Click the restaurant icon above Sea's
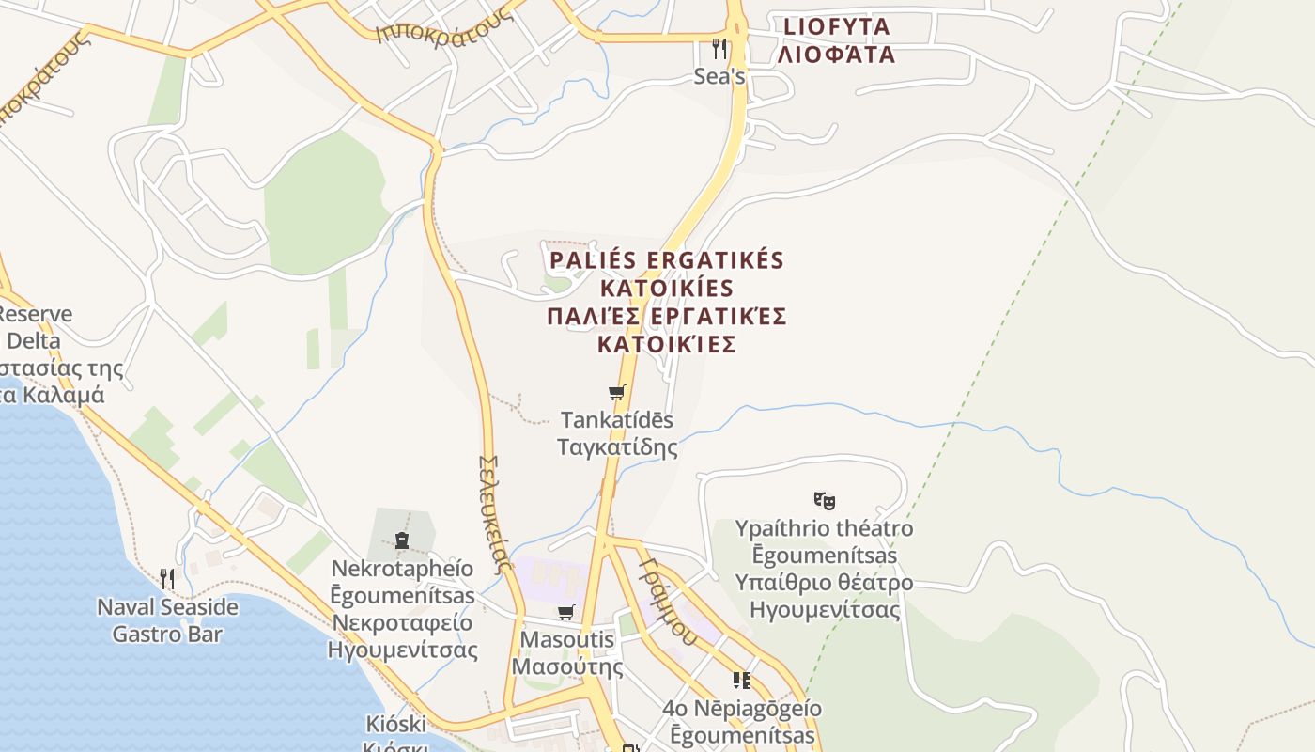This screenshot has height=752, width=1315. (719, 47)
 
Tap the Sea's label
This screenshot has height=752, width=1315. (719, 77)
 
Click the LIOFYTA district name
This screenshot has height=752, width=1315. (835, 26)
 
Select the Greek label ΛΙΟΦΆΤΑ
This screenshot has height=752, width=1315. (836, 55)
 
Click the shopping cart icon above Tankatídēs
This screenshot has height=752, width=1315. (616, 393)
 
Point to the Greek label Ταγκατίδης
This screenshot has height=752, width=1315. (617, 446)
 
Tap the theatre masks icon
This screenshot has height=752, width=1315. (825, 500)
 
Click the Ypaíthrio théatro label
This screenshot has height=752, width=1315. (824, 528)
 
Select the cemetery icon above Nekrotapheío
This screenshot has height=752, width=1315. (402, 540)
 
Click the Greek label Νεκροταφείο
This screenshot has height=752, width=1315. (402, 622)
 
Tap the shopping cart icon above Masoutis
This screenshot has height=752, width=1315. (565, 613)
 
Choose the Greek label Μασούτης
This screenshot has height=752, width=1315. (567, 667)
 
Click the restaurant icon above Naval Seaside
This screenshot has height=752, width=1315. (167, 578)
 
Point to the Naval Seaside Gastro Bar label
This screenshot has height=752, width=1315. (168, 620)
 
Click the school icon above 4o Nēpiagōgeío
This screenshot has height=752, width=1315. (742, 680)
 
